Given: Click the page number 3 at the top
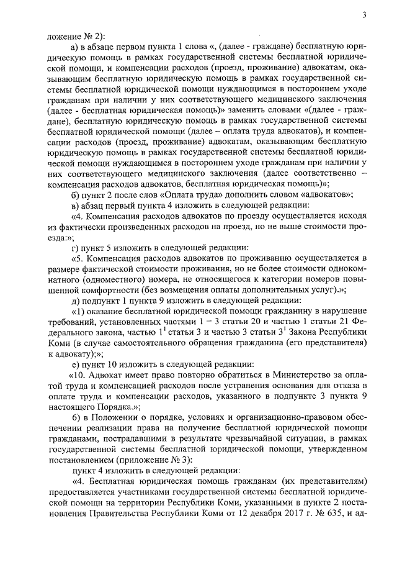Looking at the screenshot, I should pyautogui.click(x=365, y=16).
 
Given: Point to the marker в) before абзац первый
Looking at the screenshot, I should pyautogui.click(x=76, y=206).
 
